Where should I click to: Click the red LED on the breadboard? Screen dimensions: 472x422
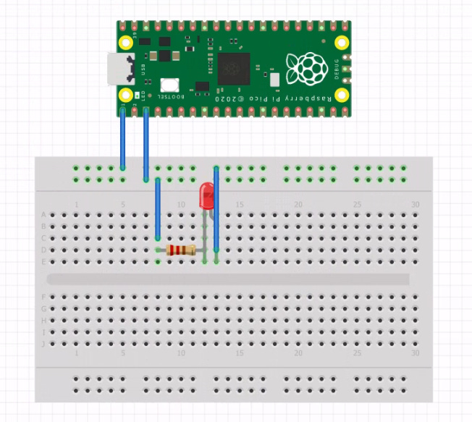tap(206, 196)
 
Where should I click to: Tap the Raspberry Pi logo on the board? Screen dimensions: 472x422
tap(306, 67)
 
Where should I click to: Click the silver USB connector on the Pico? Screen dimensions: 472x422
tap(119, 69)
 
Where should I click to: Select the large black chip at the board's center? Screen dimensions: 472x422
tap(233, 68)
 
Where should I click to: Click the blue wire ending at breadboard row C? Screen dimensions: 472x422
tap(158, 210)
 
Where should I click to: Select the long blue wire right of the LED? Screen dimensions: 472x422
tap(216, 214)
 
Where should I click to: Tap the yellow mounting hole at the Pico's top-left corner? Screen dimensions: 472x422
tap(126, 41)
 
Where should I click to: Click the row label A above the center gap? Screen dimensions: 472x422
tap(43, 214)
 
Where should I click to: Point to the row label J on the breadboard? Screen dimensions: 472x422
tap(43, 344)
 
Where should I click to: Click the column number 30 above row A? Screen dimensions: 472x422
tap(415, 205)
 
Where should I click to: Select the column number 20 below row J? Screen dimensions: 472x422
tap(298, 353)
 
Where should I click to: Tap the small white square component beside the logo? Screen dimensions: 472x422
tap(274, 78)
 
